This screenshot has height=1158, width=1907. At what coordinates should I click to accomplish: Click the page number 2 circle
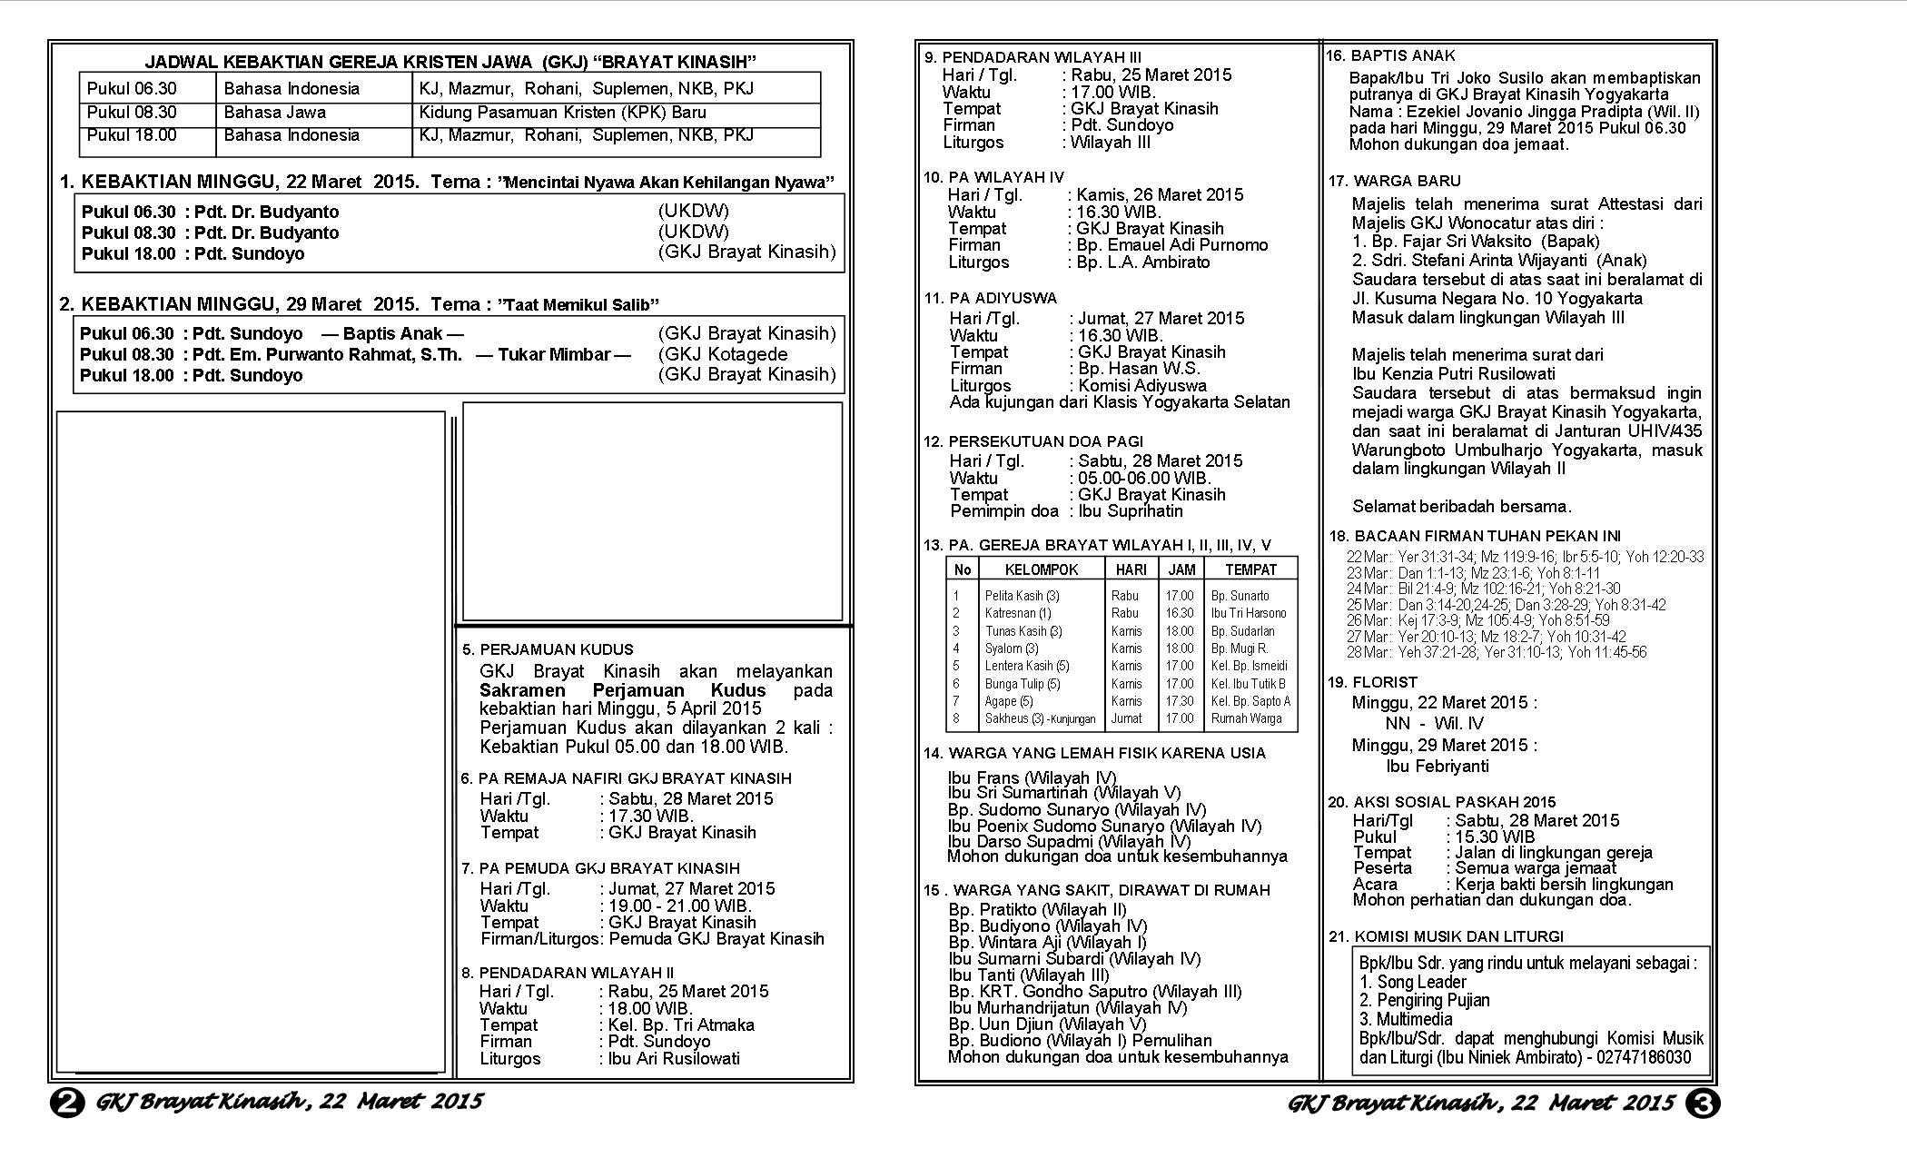point(66,1104)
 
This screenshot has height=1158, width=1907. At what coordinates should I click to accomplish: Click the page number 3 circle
point(1703,1104)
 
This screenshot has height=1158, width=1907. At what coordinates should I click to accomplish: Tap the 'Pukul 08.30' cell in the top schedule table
point(132,113)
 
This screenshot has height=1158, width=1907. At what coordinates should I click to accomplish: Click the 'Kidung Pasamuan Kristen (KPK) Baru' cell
point(562,113)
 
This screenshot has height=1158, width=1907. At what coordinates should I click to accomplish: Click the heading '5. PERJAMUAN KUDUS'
point(548,649)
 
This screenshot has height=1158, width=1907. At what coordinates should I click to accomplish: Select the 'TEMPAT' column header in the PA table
point(1250,569)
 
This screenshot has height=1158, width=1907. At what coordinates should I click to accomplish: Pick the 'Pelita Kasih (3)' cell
point(1022,596)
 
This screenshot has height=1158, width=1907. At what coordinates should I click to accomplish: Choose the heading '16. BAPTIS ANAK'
point(1390,55)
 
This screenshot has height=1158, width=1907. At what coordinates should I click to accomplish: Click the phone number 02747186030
point(1645,1057)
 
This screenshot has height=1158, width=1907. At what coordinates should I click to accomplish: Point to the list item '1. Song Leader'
point(1413,982)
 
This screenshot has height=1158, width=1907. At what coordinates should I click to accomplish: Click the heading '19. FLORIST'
point(1372,682)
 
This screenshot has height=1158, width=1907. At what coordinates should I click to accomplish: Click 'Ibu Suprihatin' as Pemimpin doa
point(1131,510)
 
